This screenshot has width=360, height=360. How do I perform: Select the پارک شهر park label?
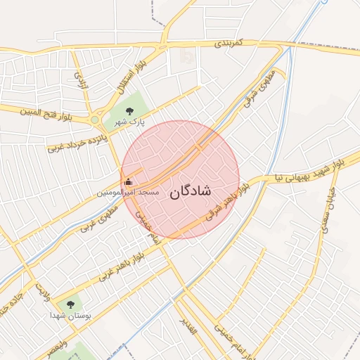[x=130, y=122]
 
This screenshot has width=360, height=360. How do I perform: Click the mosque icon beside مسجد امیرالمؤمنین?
[x=128, y=184]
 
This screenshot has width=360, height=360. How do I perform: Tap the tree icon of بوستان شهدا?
[x=70, y=304]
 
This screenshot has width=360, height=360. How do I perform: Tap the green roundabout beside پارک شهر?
[x=94, y=120]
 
